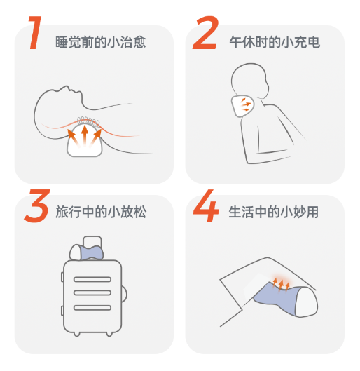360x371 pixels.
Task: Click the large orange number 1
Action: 36,33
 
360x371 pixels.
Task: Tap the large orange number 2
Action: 205,33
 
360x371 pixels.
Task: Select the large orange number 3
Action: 37,205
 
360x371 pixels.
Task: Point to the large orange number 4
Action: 205,205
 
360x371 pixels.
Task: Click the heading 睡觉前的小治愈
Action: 101,42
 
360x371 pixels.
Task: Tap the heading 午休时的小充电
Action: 275,42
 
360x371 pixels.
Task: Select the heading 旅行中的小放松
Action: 101,212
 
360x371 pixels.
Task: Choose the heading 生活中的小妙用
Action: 274,212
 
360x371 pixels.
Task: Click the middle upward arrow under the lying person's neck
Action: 85,136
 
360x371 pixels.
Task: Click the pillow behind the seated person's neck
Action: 242,106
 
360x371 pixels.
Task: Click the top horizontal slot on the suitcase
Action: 92,279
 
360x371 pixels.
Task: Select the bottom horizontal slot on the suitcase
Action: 92,308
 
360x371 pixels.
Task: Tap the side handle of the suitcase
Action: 124,295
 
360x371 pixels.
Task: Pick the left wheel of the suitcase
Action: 76,334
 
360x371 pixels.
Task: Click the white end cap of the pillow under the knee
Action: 307,302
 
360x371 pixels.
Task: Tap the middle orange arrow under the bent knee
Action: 280,285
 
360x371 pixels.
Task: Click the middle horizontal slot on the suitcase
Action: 92,293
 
